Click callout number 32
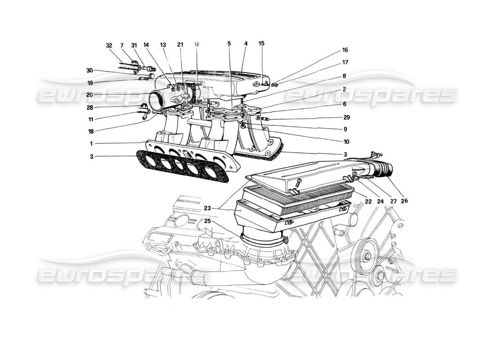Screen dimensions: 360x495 pos(109,45)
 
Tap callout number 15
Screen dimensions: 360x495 pos(262,44)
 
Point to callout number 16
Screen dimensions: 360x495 pos(345,50)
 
